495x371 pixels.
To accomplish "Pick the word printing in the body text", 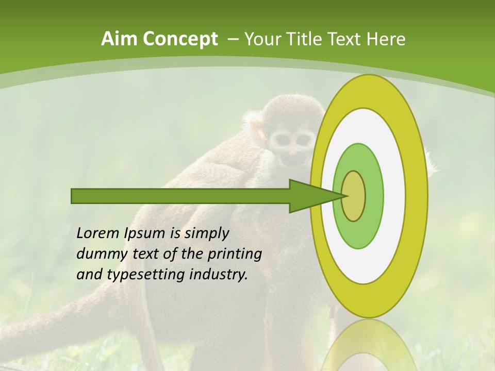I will (234, 254).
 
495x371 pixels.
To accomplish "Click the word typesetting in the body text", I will (146, 275).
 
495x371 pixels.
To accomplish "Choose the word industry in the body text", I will (218, 275).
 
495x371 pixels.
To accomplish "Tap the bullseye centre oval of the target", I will (353, 196).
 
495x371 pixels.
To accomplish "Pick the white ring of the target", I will (394, 196).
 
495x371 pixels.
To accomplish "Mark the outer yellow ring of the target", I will (418, 196).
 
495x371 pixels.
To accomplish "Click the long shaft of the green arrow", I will (180, 196).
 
